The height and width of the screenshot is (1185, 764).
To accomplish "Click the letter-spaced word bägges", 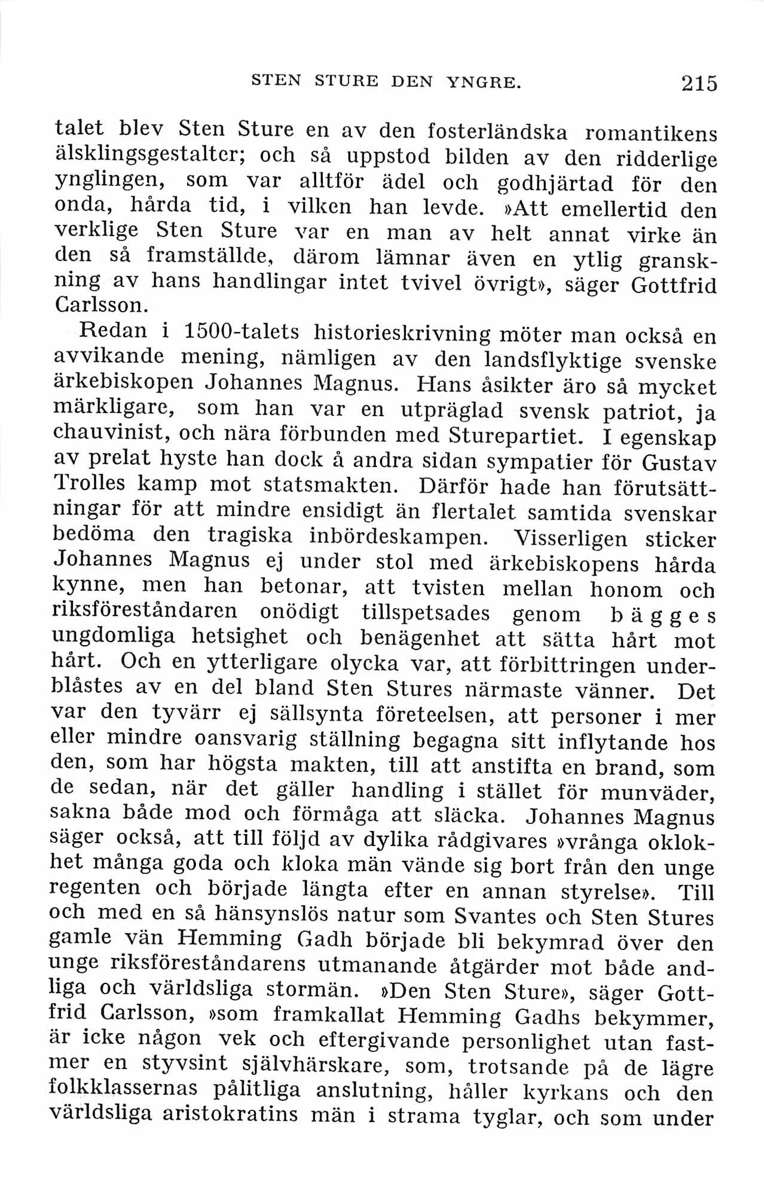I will click(661, 615).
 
